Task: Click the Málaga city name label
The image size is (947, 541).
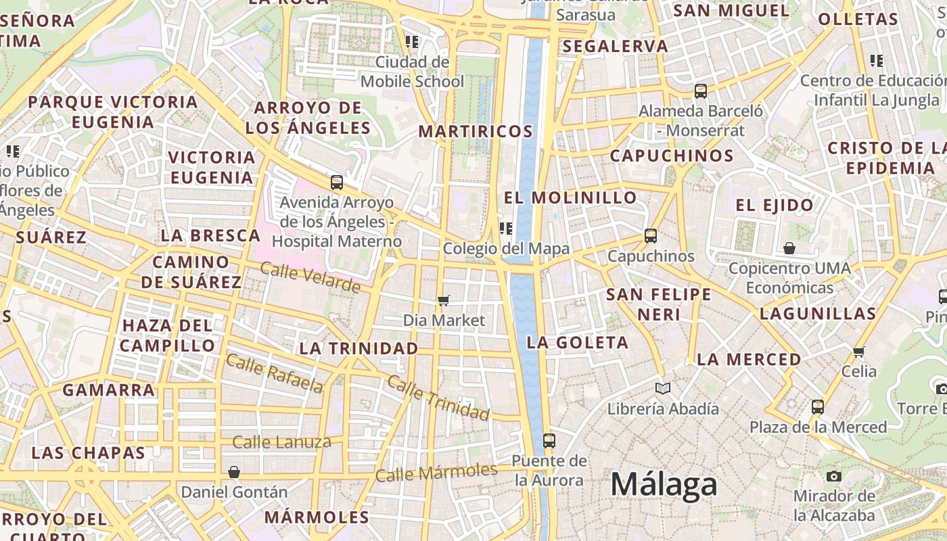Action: [x=664, y=485]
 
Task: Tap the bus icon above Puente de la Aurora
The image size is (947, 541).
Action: [x=549, y=441]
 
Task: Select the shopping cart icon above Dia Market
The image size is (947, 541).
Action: [x=444, y=300]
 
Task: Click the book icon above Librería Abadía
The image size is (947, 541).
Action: [x=663, y=389]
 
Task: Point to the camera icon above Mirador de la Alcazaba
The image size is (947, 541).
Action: [x=834, y=476]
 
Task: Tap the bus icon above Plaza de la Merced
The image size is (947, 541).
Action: [x=818, y=406]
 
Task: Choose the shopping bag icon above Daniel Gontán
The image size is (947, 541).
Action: [x=234, y=471]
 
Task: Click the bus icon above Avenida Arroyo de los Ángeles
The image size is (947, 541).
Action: [x=337, y=182]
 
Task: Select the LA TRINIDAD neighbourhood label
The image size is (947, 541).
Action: [x=359, y=348]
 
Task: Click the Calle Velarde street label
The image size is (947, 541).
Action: [x=310, y=277]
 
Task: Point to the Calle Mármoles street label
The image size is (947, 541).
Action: [x=436, y=472]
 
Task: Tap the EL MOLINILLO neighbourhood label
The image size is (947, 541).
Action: [x=570, y=197]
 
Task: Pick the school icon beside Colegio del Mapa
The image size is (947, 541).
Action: [x=506, y=229]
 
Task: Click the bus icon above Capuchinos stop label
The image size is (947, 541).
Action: [x=651, y=236]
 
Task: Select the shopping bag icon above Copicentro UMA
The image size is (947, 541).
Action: [x=789, y=248]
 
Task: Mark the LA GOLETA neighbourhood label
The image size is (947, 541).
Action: [x=578, y=342]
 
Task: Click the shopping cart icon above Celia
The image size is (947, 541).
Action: [x=859, y=351]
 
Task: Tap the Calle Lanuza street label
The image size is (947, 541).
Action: [x=281, y=442]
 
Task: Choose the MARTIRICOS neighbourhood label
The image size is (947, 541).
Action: [x=476, y=131]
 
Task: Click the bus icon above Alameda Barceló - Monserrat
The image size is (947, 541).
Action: [x=701, y=91]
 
